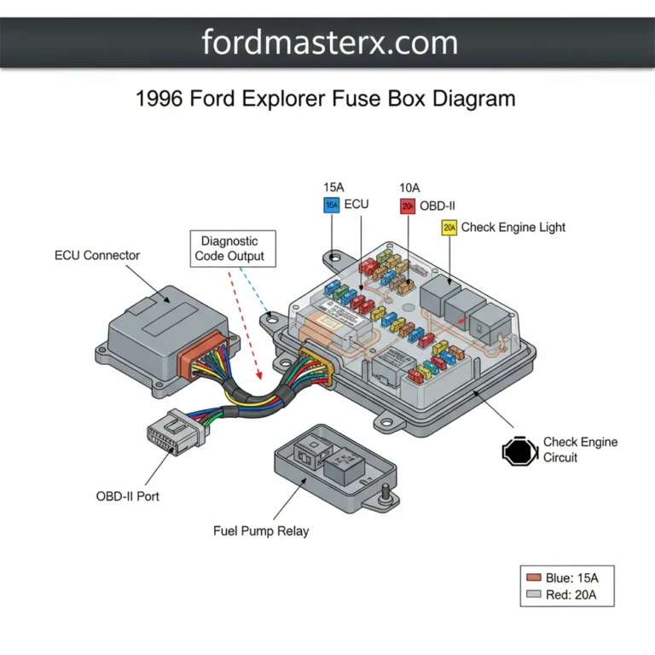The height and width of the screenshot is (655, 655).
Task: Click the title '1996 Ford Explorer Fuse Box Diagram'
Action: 326,98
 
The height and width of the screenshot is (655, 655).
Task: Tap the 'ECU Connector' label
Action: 97,255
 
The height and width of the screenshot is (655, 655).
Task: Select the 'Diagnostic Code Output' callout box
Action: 229,249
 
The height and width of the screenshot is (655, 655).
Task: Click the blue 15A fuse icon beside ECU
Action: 332,205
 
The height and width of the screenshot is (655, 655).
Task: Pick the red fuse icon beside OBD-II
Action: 407,206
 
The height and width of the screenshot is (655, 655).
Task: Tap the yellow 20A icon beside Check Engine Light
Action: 449,228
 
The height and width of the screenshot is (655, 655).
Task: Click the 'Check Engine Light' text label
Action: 513,228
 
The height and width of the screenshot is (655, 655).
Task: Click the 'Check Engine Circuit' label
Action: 580,450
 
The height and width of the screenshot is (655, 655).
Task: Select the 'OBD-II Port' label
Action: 127,496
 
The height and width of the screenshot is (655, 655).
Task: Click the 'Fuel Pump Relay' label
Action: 261,530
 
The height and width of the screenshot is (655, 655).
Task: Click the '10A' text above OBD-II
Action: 411,187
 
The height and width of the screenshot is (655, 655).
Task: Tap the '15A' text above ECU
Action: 334,187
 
